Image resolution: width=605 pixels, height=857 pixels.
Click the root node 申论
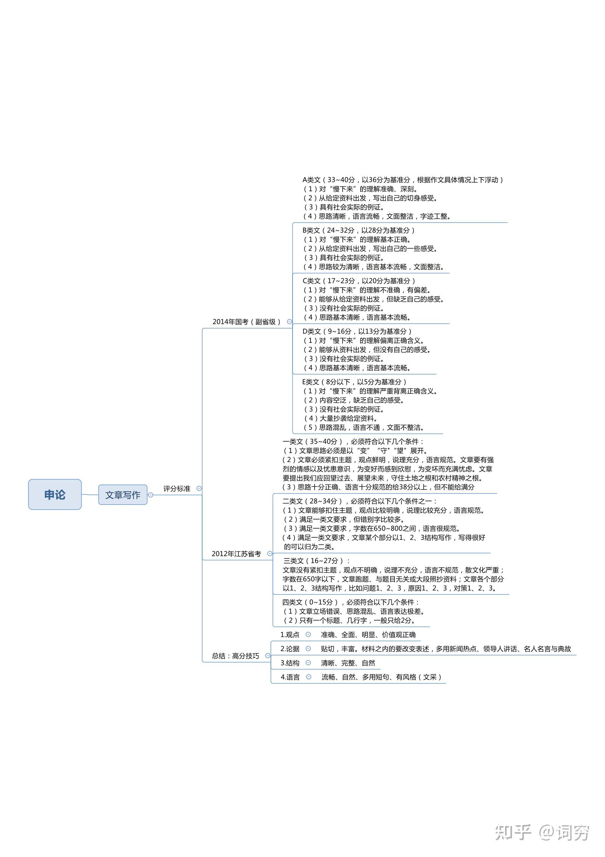pyautogui.click(x=55, y=494)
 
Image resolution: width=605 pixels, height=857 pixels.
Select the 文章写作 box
pyautogui.click(x=123, y=495)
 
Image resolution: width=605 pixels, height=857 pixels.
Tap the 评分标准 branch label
pyautogui.click(x=177, y=489)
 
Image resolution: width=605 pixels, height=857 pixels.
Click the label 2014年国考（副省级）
pyautogui.click(x=246, y=322)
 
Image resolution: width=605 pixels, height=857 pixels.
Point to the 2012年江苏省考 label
pyautogui.click(x=236, y=554)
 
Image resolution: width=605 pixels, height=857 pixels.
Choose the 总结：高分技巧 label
pyautogui.click(x=235, y=656)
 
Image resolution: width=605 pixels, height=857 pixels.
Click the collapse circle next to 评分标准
pyautogui.click(x=199, y=488)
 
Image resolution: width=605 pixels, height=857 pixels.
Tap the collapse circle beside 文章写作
pyautogui.click(x=151, y=495)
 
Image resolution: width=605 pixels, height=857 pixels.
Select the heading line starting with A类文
pyautogui.click(x=402, y=180)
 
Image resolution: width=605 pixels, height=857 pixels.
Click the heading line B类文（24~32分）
pyautogui.click(x=358, y=230)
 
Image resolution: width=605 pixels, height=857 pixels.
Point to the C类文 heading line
pyautogui.click(x=359, y=281)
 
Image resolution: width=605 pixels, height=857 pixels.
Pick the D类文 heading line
pyautogui.click(x=357, y=331)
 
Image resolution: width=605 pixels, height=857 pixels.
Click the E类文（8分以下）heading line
pyautogui.click(x=354, y=382)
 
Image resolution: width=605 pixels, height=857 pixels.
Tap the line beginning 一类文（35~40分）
pyautogui.click(x=353, y=441)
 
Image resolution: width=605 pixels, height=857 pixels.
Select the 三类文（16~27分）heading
pyautogui.click(x=317, y=560)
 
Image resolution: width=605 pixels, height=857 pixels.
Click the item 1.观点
pyautogui.click(x=290, y=634)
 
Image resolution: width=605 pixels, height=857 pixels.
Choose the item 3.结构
pyautogui.click(x=290, y=663)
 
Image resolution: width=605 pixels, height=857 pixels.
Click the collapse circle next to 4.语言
pyautogui.click(x=309, y=677)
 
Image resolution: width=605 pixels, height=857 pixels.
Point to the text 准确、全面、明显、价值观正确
pyautogui.click(x=368, y=634)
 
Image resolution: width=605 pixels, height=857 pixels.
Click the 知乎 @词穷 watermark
pyautogui.click(x=542, y=832)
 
